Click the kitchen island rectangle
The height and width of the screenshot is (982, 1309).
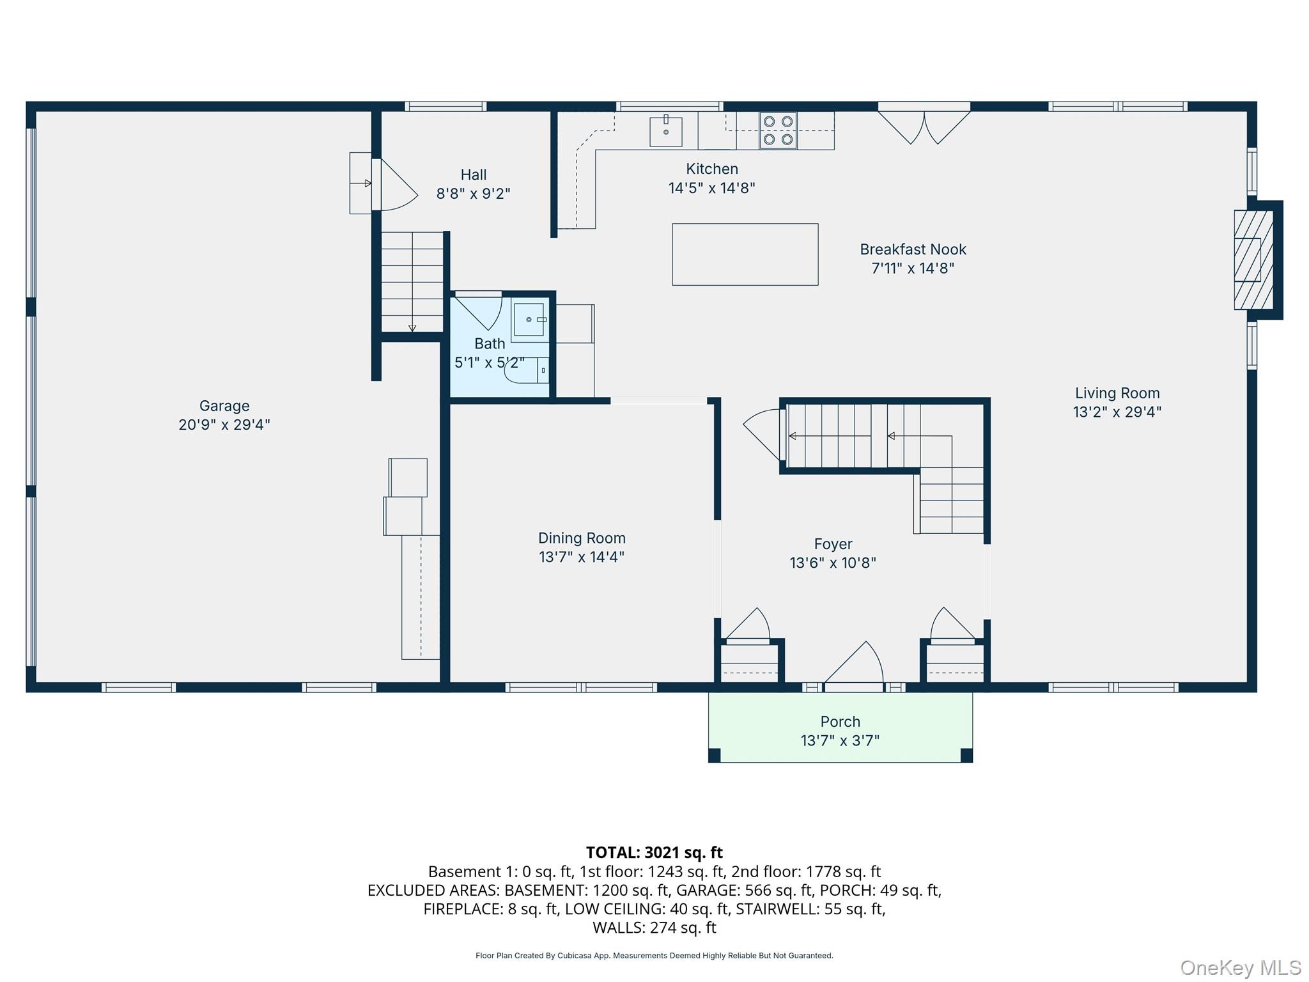[x=745, y=254]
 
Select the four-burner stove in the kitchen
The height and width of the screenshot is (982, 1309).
[x=778, y=130]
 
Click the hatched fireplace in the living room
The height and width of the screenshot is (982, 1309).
[x=1252, y=260]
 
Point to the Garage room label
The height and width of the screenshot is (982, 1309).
[x=224, y=406]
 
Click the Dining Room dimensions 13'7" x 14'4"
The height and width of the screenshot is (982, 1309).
[x=581, y=557]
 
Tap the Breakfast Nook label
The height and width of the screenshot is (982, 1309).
[x=913, y=249]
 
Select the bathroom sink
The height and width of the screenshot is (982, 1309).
[x=529, y=319]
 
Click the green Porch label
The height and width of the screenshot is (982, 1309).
[x=840, y=722]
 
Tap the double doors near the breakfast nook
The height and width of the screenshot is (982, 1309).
[x=924, y=127]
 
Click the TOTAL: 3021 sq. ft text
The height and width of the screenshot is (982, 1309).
[x=654, y=852]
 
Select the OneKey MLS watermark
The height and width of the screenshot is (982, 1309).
[x=1240, y=968]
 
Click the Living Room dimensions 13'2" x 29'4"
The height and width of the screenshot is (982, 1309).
[x=1117, y=412]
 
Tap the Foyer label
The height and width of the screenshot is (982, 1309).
[x=833, y=544]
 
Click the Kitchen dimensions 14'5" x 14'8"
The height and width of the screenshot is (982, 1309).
[x=711, y=189]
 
